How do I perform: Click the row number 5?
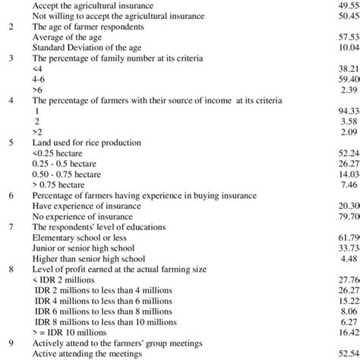[x=10, y=141]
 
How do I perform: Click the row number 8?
[x=10, y=248]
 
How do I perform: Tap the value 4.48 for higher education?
[x=349, y=237]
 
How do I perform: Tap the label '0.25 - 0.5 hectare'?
[x=63, y=163]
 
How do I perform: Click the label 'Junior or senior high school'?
[x=86, y=226]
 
